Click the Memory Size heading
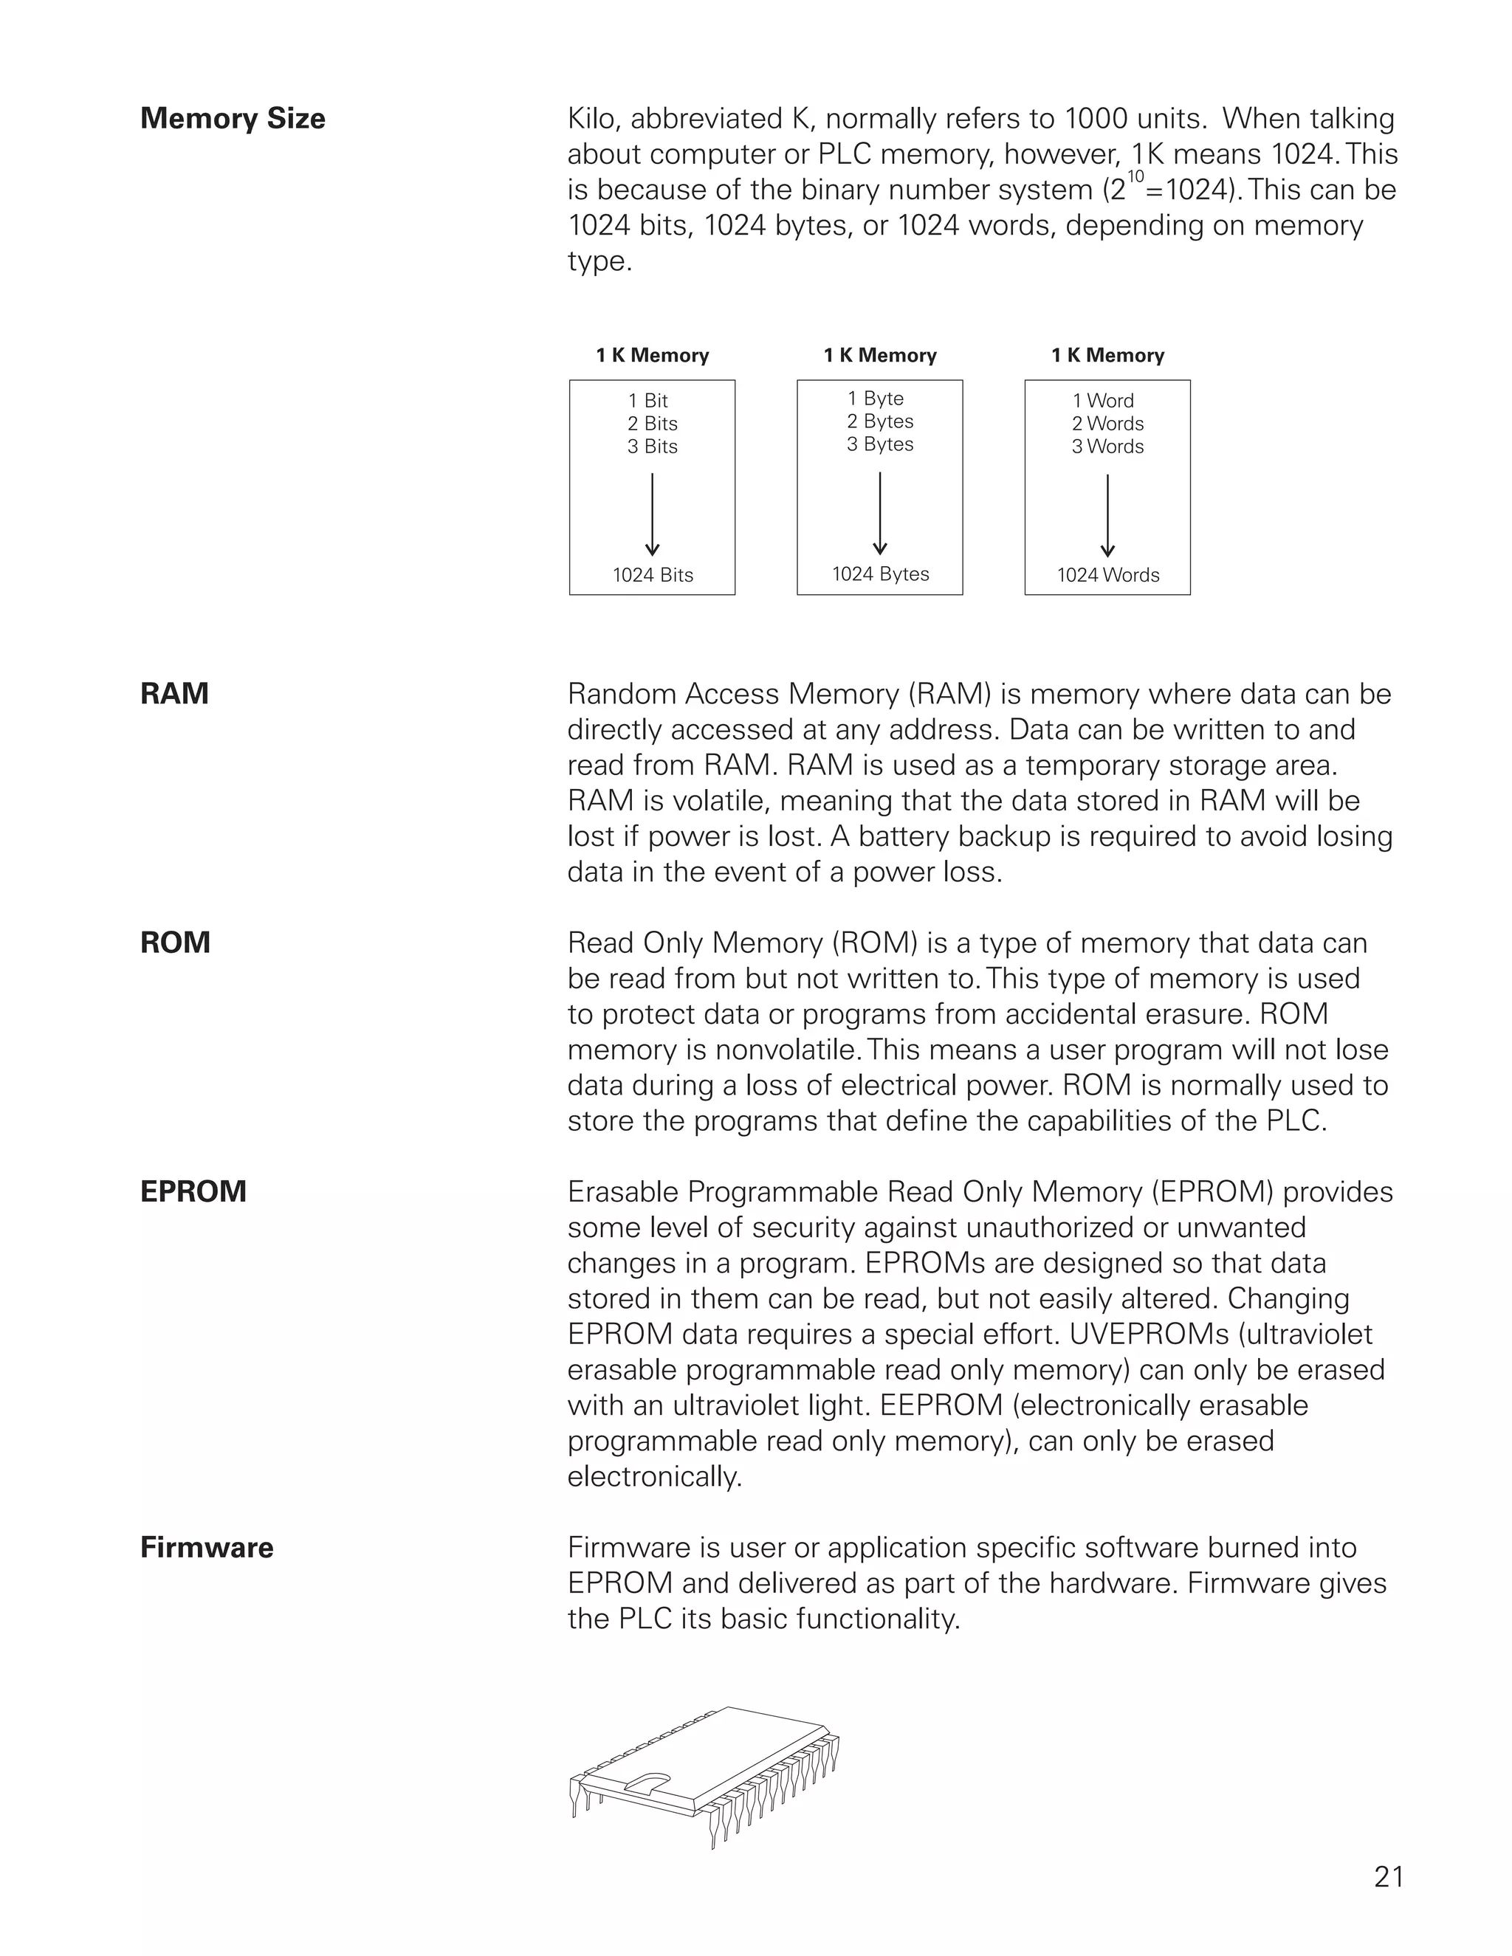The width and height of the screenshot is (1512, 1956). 232,118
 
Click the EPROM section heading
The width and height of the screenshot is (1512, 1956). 193,1191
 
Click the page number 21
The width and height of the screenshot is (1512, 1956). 1389,1876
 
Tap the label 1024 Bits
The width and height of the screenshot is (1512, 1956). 652,575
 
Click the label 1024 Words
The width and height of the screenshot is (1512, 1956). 1107,575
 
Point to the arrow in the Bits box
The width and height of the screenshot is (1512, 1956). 652,515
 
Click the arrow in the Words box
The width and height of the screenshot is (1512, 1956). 1107,515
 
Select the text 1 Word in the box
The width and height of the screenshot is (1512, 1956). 1103,400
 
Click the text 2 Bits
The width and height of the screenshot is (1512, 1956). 652,424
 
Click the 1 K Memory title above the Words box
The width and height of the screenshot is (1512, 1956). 1107,356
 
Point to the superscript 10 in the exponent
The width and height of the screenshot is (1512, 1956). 1135,176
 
